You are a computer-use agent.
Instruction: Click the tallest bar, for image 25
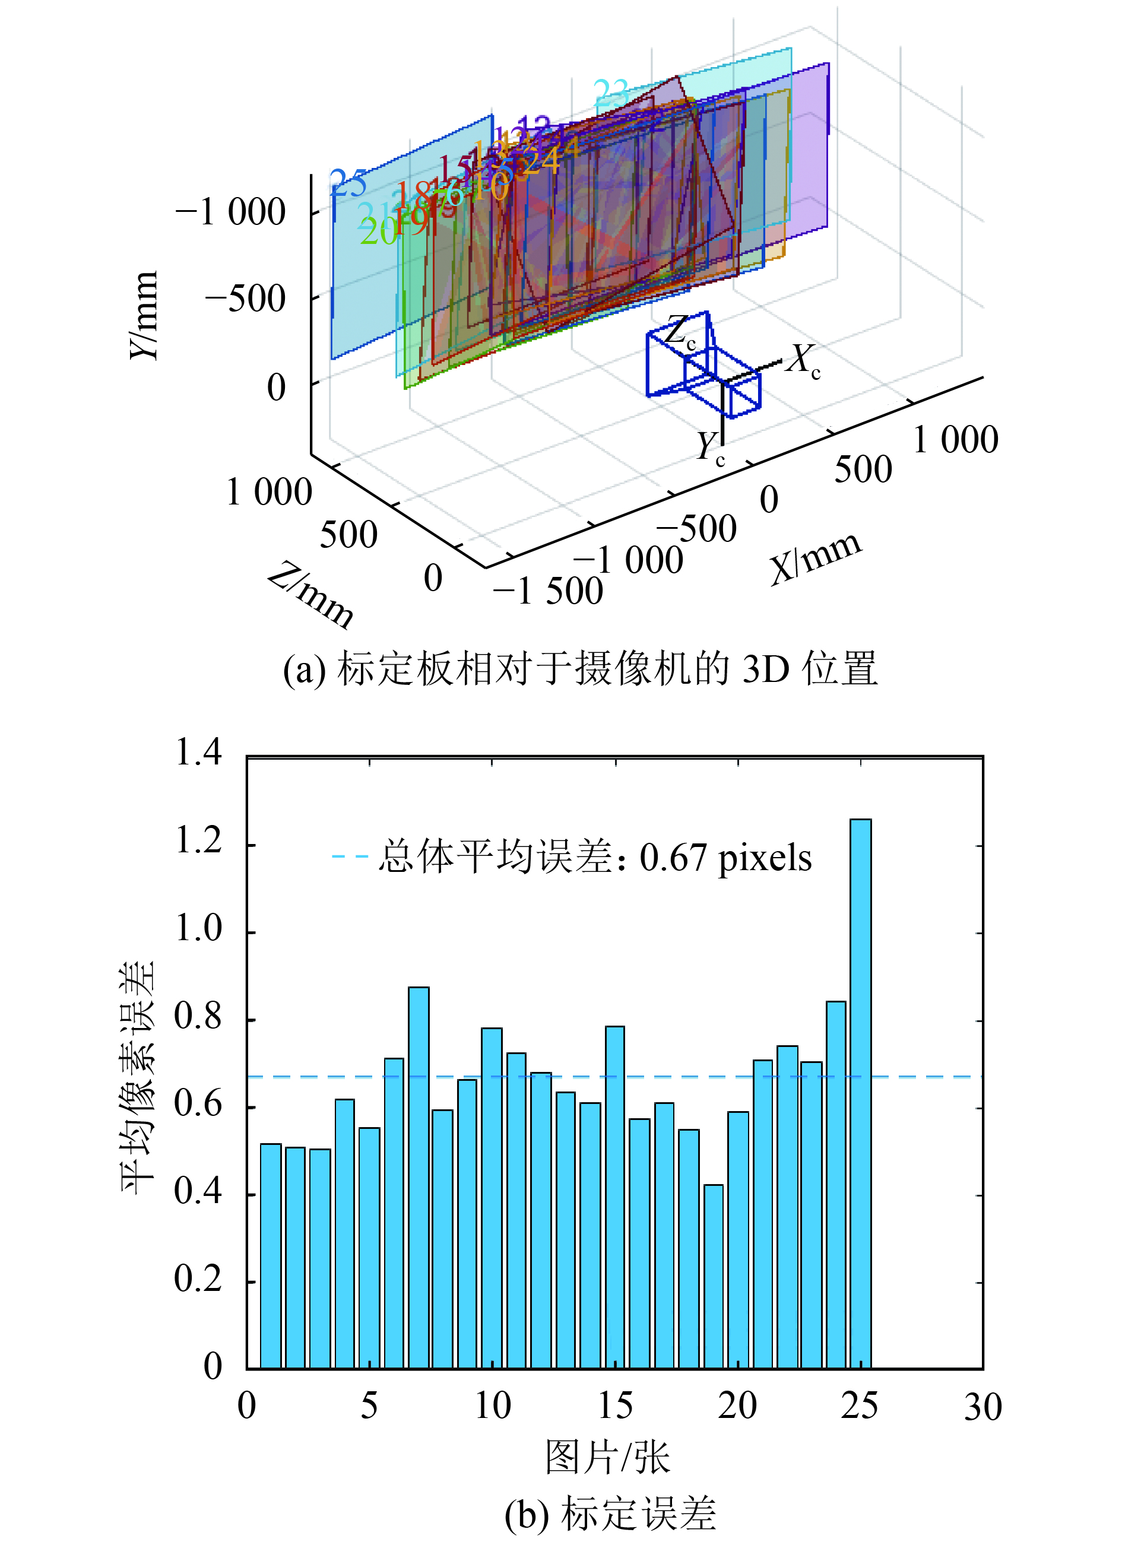860,1094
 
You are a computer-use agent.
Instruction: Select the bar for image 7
418,1179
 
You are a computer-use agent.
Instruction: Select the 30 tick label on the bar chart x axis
982,1407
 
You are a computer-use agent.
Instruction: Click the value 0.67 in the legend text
673,858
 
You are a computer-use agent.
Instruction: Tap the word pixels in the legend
765,858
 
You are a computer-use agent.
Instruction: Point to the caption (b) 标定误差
610,1514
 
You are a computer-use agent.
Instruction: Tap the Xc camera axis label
803,360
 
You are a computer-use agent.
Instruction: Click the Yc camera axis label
710,449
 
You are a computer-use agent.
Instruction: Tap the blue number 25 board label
348,183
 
